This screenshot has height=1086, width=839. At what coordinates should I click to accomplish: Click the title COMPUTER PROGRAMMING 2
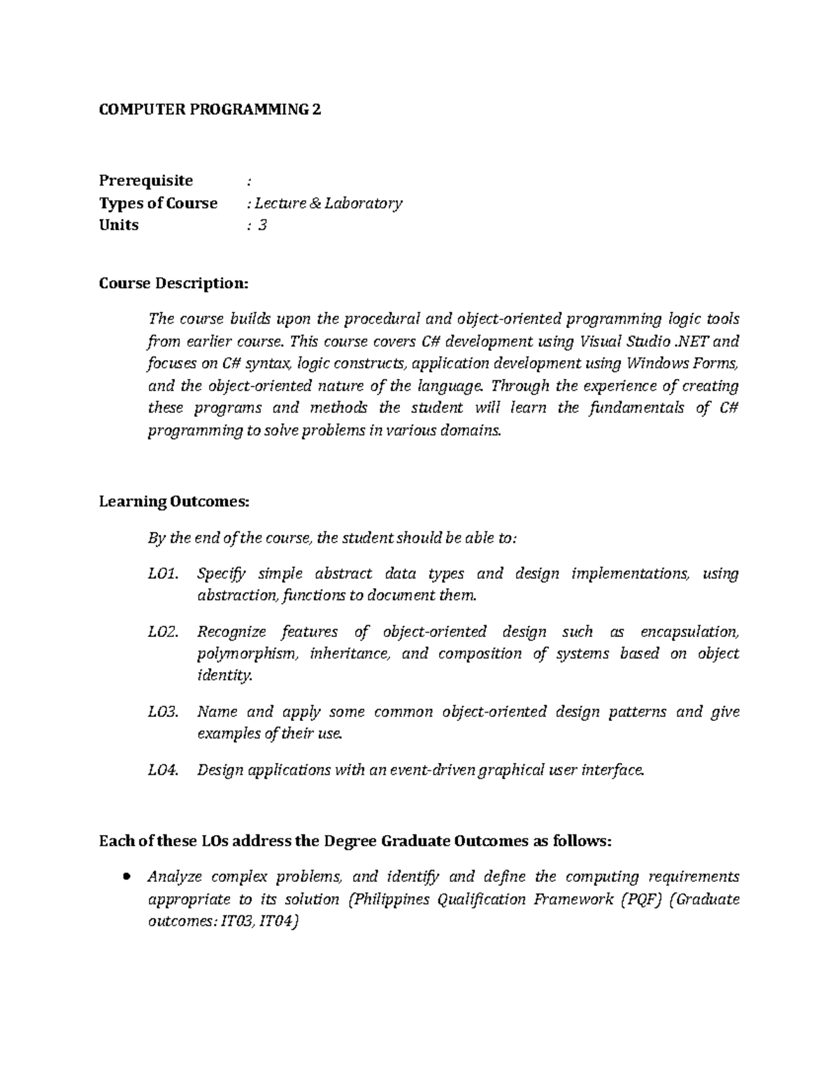click(210, 110)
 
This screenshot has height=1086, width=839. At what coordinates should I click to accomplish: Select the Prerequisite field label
click(145, 180)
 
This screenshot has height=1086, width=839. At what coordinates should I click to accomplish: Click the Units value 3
click(262, 224)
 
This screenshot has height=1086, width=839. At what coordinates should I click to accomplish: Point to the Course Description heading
click(173, 283)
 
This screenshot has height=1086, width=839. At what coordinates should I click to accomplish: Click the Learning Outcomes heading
click(173, 501)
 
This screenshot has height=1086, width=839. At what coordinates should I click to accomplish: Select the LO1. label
click(164, 573)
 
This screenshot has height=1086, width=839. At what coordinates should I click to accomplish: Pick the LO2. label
click(164, 631)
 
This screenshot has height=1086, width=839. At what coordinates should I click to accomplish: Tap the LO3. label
click(164, 712)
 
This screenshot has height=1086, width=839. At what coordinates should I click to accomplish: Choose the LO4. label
click(164, 770)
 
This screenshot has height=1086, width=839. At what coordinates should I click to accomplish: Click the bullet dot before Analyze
click(127, 877)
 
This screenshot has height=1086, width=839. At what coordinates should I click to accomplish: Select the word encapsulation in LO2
click(689, 631)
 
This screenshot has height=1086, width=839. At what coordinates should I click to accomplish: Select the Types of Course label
click(158, 203)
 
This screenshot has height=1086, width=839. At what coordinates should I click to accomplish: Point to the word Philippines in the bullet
click(388, 899)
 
